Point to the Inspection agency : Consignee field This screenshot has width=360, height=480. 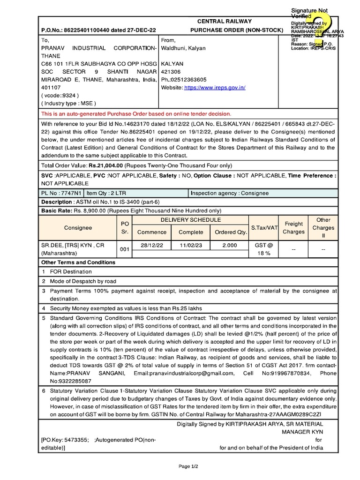pyautogui.click(x=230, y=193)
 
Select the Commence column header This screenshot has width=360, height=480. pyautogui.click(x=152, y=232)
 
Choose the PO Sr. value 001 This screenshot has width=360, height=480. pyautogui.click(x=124, y=249)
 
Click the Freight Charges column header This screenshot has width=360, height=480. pyautogui.click(x=294, y=228)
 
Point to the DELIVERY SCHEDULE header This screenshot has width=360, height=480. pyautogui.click(x=191, y=220)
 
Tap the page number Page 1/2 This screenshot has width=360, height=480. pyautogui.click(x=188, y=466)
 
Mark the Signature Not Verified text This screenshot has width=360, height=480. pyautogui.click(x=309, y=13)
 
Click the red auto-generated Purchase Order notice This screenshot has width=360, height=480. pyautogui.click(x=136, y=114)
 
